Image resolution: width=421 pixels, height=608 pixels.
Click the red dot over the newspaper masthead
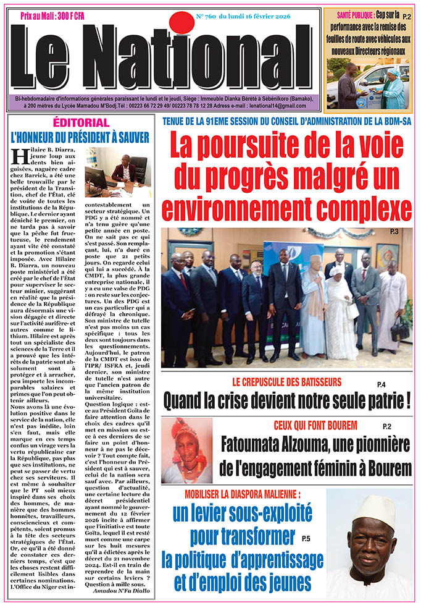(x=183, y=23)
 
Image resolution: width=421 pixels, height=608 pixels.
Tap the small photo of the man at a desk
(x=118, y=173)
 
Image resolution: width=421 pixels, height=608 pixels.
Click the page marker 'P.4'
(x=381, y=385)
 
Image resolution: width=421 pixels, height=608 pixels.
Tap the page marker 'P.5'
(x=306, y=539)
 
